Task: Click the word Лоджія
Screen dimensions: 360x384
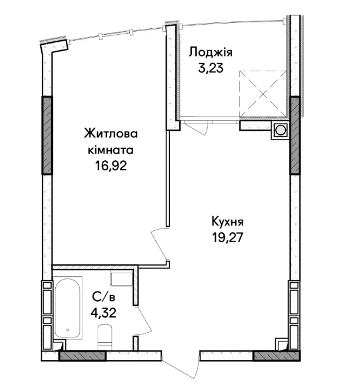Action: [211, 52]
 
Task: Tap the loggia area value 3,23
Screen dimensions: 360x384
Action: [211, 68]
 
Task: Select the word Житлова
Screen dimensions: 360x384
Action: [111, 134]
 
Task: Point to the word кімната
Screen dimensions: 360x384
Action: [111, 150]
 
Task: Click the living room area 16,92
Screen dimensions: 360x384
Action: [111, 166]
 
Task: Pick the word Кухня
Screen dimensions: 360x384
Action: [228, 222]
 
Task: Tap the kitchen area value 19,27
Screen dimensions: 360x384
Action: [228, 237]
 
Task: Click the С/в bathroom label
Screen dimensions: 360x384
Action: [104, 297]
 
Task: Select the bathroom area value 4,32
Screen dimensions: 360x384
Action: [103, 313]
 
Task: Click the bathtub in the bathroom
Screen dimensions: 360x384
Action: [67, 308]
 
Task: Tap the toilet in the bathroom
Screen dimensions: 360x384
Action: [105, 337]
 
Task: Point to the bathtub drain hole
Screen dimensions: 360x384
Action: [68, 330]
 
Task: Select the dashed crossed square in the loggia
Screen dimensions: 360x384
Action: [263, 94]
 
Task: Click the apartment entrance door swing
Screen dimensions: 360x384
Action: [181, 368]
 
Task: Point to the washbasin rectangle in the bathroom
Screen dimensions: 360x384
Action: [122, 279]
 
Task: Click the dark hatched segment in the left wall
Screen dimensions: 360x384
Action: [47, 135]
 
